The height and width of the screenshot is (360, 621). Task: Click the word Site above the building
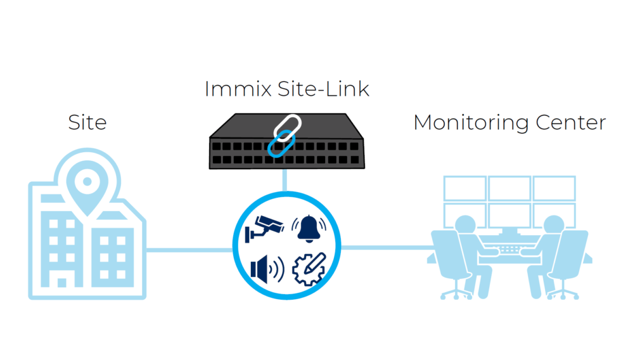(87, 122)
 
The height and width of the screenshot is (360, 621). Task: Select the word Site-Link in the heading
(323, 89)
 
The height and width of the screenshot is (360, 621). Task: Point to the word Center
(568, 122)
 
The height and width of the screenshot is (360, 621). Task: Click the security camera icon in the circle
(266, 228)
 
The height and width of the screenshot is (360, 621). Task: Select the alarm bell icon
(309, 229)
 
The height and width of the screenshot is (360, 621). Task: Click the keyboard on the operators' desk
(509, 249)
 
